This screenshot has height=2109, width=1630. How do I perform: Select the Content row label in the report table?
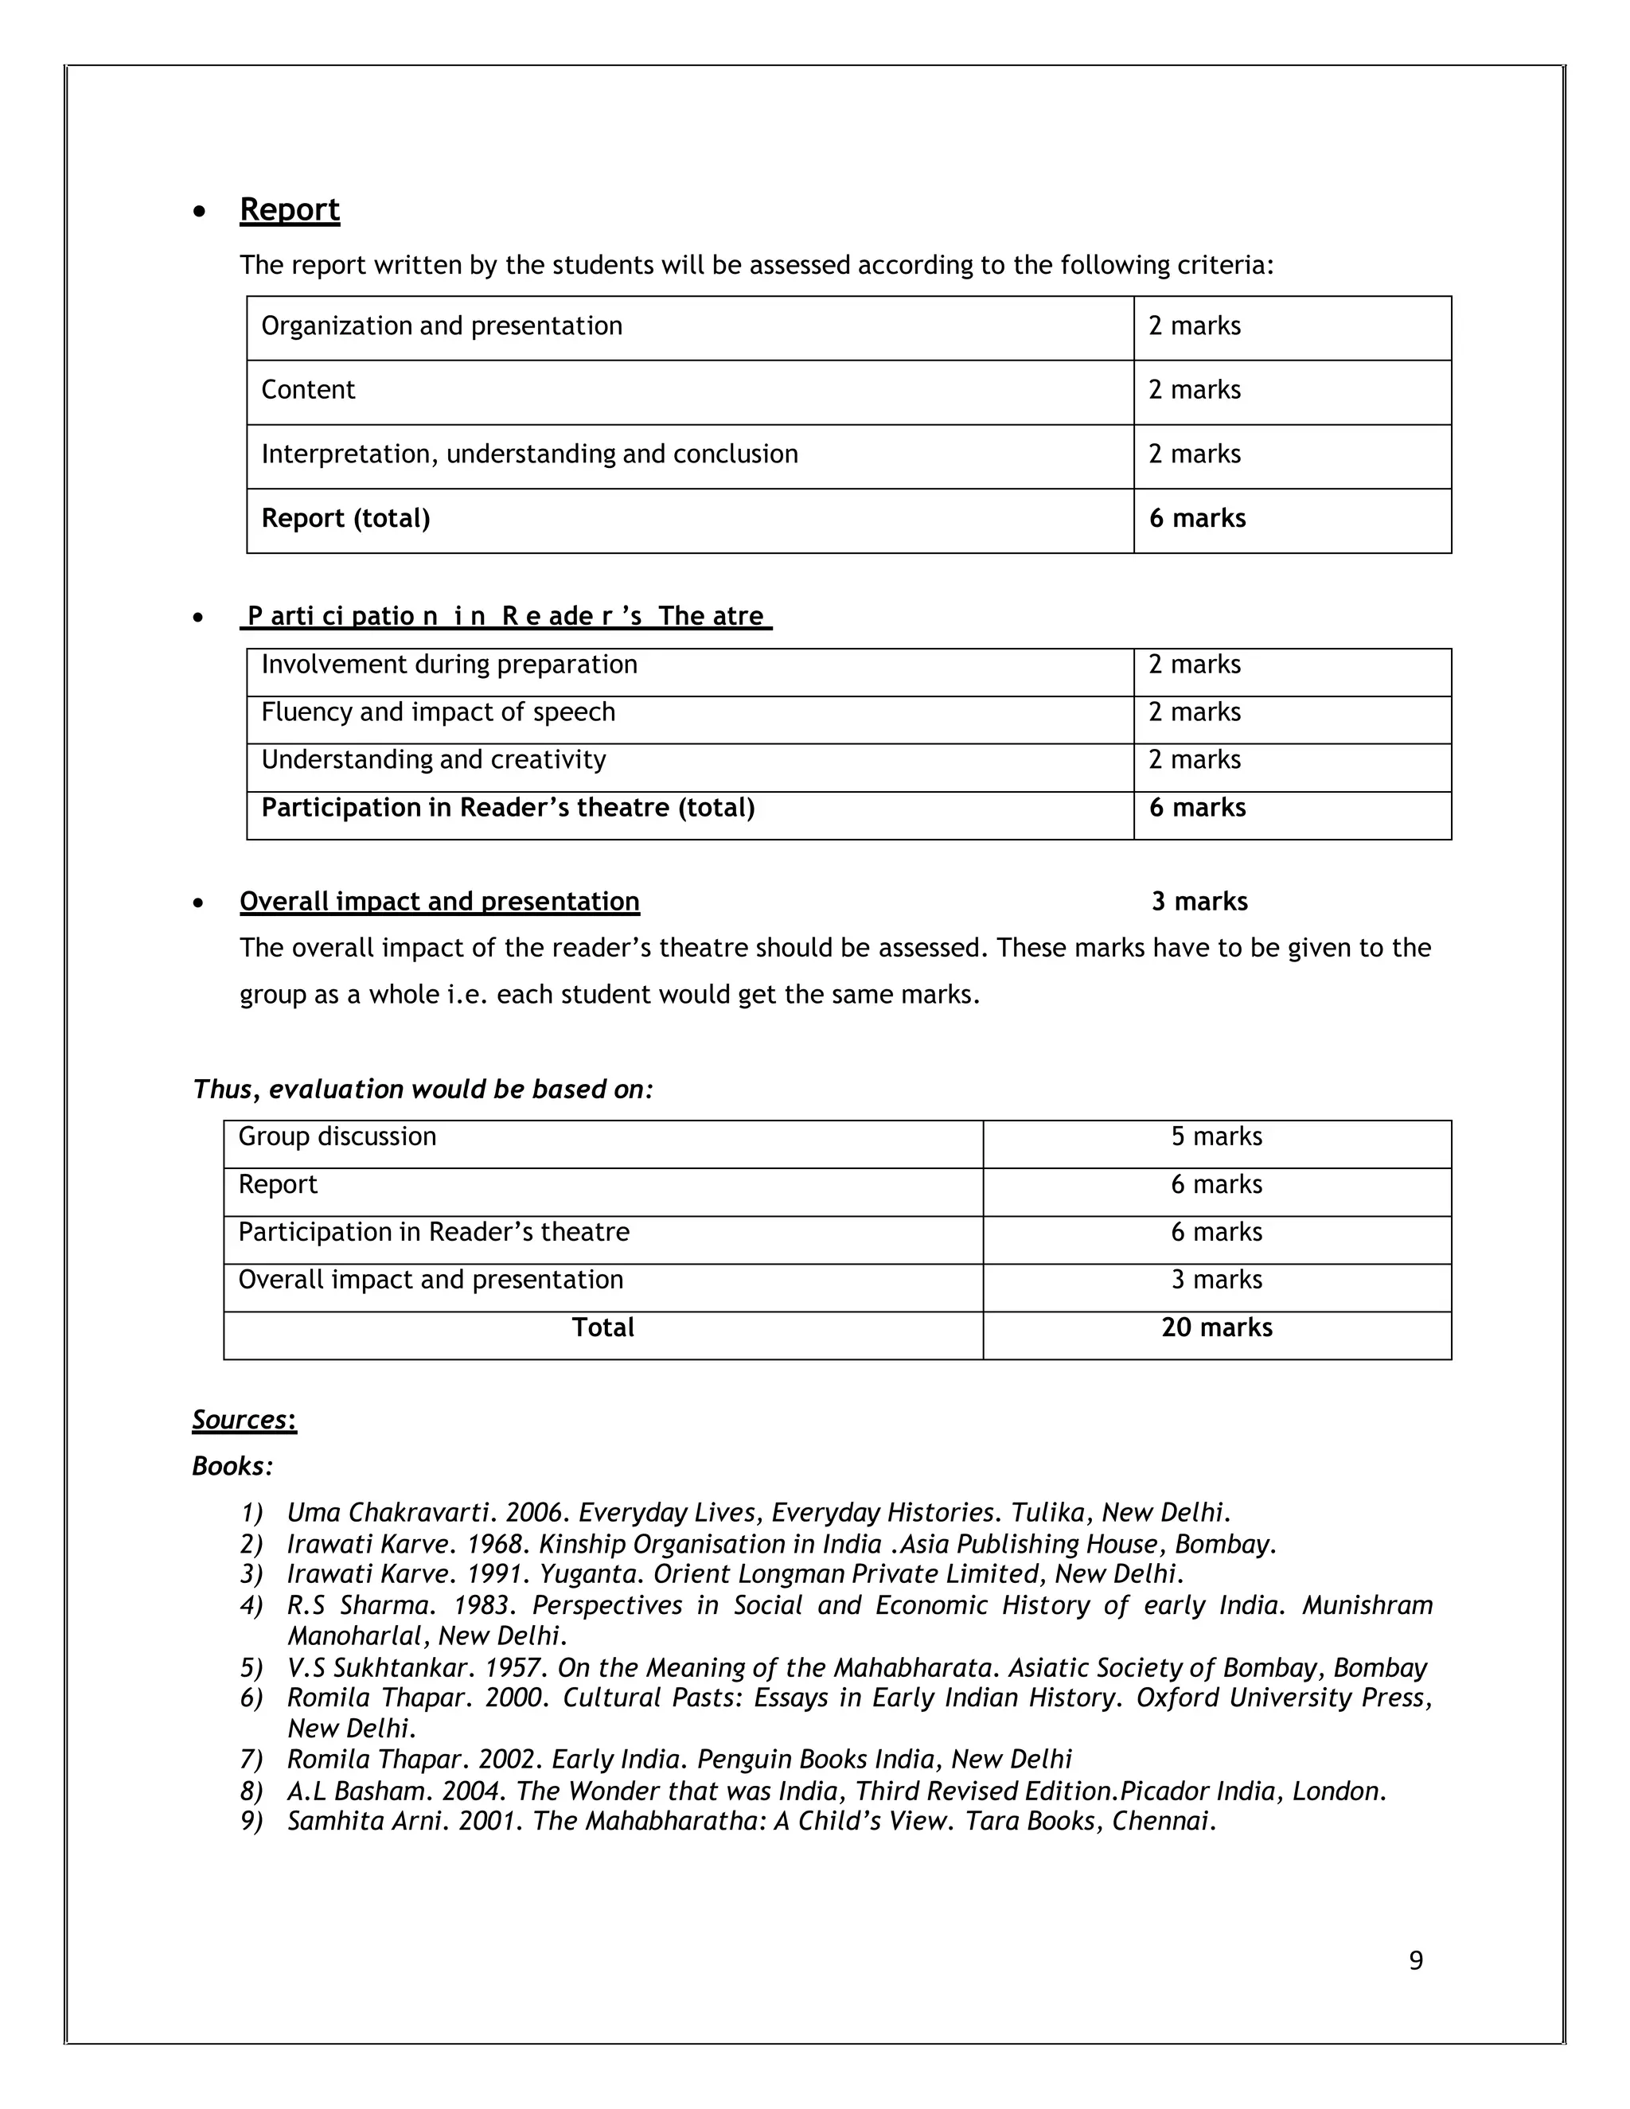(x=308, y=390)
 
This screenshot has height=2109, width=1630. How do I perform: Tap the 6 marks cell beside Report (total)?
(x=1196, y=519)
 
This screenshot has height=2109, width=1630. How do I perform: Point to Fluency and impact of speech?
(x=438, y=712)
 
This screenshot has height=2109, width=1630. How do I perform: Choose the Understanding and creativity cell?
(x=434, y=760)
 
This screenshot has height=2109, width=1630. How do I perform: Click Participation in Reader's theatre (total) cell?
(x=507, y=809)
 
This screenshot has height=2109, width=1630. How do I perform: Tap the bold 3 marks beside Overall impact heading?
(x=1199, y=902)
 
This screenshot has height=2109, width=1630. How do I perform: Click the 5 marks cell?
(x=1216, y=1136)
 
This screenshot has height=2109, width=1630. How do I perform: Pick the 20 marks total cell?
(x=1216, y=1327)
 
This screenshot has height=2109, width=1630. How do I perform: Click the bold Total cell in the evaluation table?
(x=602, y=1327)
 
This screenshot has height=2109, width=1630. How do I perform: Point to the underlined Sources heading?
(x=244, y=1420)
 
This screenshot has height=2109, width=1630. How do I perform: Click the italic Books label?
(x=232, y=1466)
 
